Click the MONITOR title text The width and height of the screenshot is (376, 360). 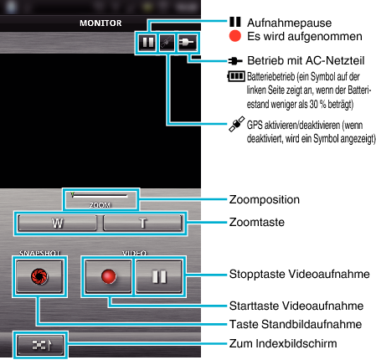click(x=100, y=23)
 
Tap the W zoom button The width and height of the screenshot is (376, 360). click(x=58, y=223)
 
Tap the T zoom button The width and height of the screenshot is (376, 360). click(x=142, y=223)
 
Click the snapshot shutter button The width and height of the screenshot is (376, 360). click(x=39, y=276)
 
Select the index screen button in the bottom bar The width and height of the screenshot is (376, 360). click(x=40, y=345)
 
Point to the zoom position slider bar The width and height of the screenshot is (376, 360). click(x=100, y=195)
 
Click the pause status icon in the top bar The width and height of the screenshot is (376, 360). click(x=147, y=43)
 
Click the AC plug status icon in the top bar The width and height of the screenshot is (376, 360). click(x=187, y=43)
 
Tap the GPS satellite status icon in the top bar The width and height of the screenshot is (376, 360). click(x=167, y=43)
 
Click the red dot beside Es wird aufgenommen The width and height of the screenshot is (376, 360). click(x=235, y=36)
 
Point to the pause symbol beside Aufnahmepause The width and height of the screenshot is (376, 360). click(x=235, y=22)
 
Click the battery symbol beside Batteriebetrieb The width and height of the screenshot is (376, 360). click(x=236, y=76)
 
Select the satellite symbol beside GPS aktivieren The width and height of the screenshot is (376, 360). click(x=237, y=124)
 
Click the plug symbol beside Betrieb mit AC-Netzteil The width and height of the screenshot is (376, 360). click(x=235, y=60)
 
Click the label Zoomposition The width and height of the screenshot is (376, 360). click(x=265, y=200)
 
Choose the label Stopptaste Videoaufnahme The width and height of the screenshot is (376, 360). click(x=299, y=274)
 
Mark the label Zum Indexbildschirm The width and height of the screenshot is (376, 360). click(x=283, y=343)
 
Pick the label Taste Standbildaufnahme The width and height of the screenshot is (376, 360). click(x=296, y=324)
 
